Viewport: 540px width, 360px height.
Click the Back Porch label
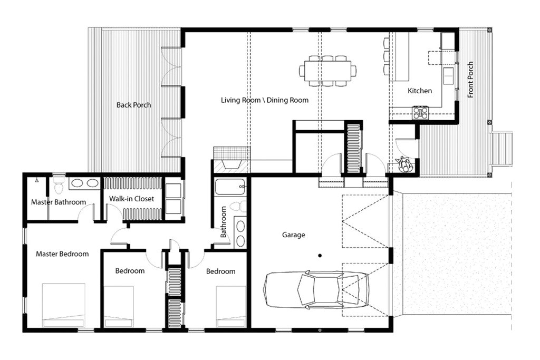pyautogui.click(x=133, y=105)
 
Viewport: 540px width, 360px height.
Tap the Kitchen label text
pyautogui.click(x=420, y=91)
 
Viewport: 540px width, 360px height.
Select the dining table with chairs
pyautogui.click(x=327, y=71)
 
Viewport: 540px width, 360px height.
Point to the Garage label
pyautogui.click(x=293, y=235)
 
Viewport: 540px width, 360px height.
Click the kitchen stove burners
pyautogui.click(x=420, y=112)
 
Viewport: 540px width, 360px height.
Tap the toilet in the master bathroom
pyautogui.click(x=59, y=185)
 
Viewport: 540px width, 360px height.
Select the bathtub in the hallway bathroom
pyautogui.click(x=230, y=187)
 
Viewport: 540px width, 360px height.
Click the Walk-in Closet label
pyautogui.click(x=132, y=199)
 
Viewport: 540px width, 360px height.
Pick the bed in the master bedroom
pyautogui.click(x=63, y=305)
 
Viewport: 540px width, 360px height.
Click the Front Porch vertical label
pyautogui.click(x=470, y=80)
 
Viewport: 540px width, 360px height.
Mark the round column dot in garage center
pyautogui.click(x=319, y=256)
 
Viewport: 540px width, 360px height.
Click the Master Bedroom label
pyautogui.click(x=62, y=254)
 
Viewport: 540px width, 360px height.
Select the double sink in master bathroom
pyautogui.click(x=84, y=183)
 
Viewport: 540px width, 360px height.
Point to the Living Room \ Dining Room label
pyautogui.click(x=264, y=100)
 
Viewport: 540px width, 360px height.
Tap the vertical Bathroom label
pyautogui.click(x=223, y=222)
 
